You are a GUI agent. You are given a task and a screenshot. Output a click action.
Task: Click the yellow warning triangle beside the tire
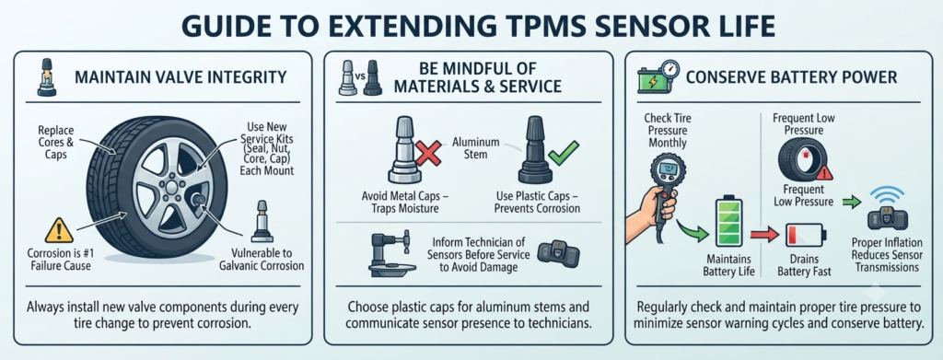(58, 231)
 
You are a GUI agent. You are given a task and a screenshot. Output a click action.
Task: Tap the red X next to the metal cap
(427, 151)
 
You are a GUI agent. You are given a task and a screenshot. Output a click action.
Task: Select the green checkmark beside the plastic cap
(565, 153)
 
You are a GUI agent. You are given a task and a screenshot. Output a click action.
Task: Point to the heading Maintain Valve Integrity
(181, 78)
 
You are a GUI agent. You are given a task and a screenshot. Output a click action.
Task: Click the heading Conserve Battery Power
(791, 77)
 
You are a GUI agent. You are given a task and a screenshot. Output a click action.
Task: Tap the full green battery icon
(728, 223)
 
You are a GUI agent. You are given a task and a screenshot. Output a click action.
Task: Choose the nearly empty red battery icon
(804, 234)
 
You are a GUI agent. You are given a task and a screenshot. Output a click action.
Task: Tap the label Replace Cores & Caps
(55, 141)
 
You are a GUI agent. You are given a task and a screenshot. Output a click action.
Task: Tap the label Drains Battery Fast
(804, 266)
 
